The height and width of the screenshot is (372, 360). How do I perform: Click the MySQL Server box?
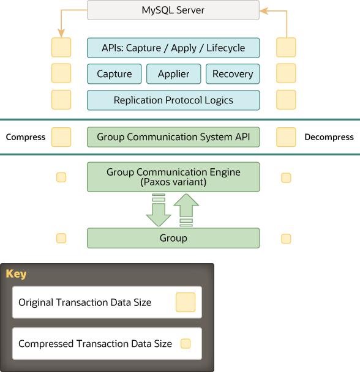click(x=173, y=10)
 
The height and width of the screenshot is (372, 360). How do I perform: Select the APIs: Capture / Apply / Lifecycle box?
click(x=173, y=48)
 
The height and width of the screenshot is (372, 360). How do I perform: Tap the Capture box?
click(x=114, y=74)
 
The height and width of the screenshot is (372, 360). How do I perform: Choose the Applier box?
click(x=173, y=74)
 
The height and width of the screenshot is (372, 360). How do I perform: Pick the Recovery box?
click(x=233, y=74)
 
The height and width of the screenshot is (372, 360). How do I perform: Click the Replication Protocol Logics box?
click(x=173, y=100)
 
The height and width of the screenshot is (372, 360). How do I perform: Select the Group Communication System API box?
click(x=173, y=137)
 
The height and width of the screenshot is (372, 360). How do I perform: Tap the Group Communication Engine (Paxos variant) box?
click(x=173, y=177)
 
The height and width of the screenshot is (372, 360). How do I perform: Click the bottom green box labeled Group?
click(x=173, y=238)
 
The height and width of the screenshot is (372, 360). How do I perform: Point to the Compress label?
click(x=26, y=137)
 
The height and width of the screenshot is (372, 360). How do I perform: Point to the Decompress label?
click(x=329, y=137)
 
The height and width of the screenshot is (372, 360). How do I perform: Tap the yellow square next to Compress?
click(x=61, y=137)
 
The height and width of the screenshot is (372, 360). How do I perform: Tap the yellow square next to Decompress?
click(x=286, y=137)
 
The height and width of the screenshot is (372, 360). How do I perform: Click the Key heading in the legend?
click(x=17, y=273)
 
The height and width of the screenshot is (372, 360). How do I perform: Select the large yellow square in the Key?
click(x=186, y=302)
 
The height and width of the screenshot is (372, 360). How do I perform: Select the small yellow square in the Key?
click(x=186, y=344)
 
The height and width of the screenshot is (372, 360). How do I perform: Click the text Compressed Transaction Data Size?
click(x=95, y=344)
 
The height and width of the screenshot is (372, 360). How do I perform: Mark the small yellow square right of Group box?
click(x=286, y=239)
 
